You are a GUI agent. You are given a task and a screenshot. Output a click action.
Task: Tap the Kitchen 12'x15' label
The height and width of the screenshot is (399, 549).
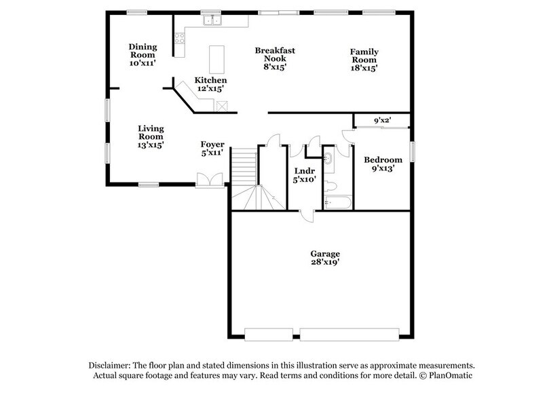(210, 84)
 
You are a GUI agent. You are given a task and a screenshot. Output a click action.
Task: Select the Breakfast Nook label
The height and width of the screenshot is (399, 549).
(275, 58)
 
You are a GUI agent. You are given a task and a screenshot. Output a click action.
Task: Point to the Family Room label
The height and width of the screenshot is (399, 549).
(364, 60)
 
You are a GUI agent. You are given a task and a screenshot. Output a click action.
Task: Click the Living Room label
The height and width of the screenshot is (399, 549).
(151, 136)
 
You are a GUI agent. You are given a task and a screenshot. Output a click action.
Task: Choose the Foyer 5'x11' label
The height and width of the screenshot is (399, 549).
(212, 149)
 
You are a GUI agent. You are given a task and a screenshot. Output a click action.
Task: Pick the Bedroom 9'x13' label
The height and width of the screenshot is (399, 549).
(383, 164)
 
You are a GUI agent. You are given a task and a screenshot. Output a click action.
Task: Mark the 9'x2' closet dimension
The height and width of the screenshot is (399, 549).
(382, 121)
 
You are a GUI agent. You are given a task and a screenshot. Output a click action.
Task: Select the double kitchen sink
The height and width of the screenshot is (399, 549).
(212, 21)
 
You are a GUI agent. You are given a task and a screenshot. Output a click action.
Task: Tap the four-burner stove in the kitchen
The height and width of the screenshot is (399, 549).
(180, 39)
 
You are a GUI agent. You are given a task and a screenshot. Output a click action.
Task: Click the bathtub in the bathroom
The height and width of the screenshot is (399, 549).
(337, 202)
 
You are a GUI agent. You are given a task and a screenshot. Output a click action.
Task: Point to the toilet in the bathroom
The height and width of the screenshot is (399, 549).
(331, 184)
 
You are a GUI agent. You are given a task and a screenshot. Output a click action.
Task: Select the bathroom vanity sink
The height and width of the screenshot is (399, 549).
(328, 160)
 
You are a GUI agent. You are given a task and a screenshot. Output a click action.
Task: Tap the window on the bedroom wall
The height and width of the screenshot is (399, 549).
(412, 152)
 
